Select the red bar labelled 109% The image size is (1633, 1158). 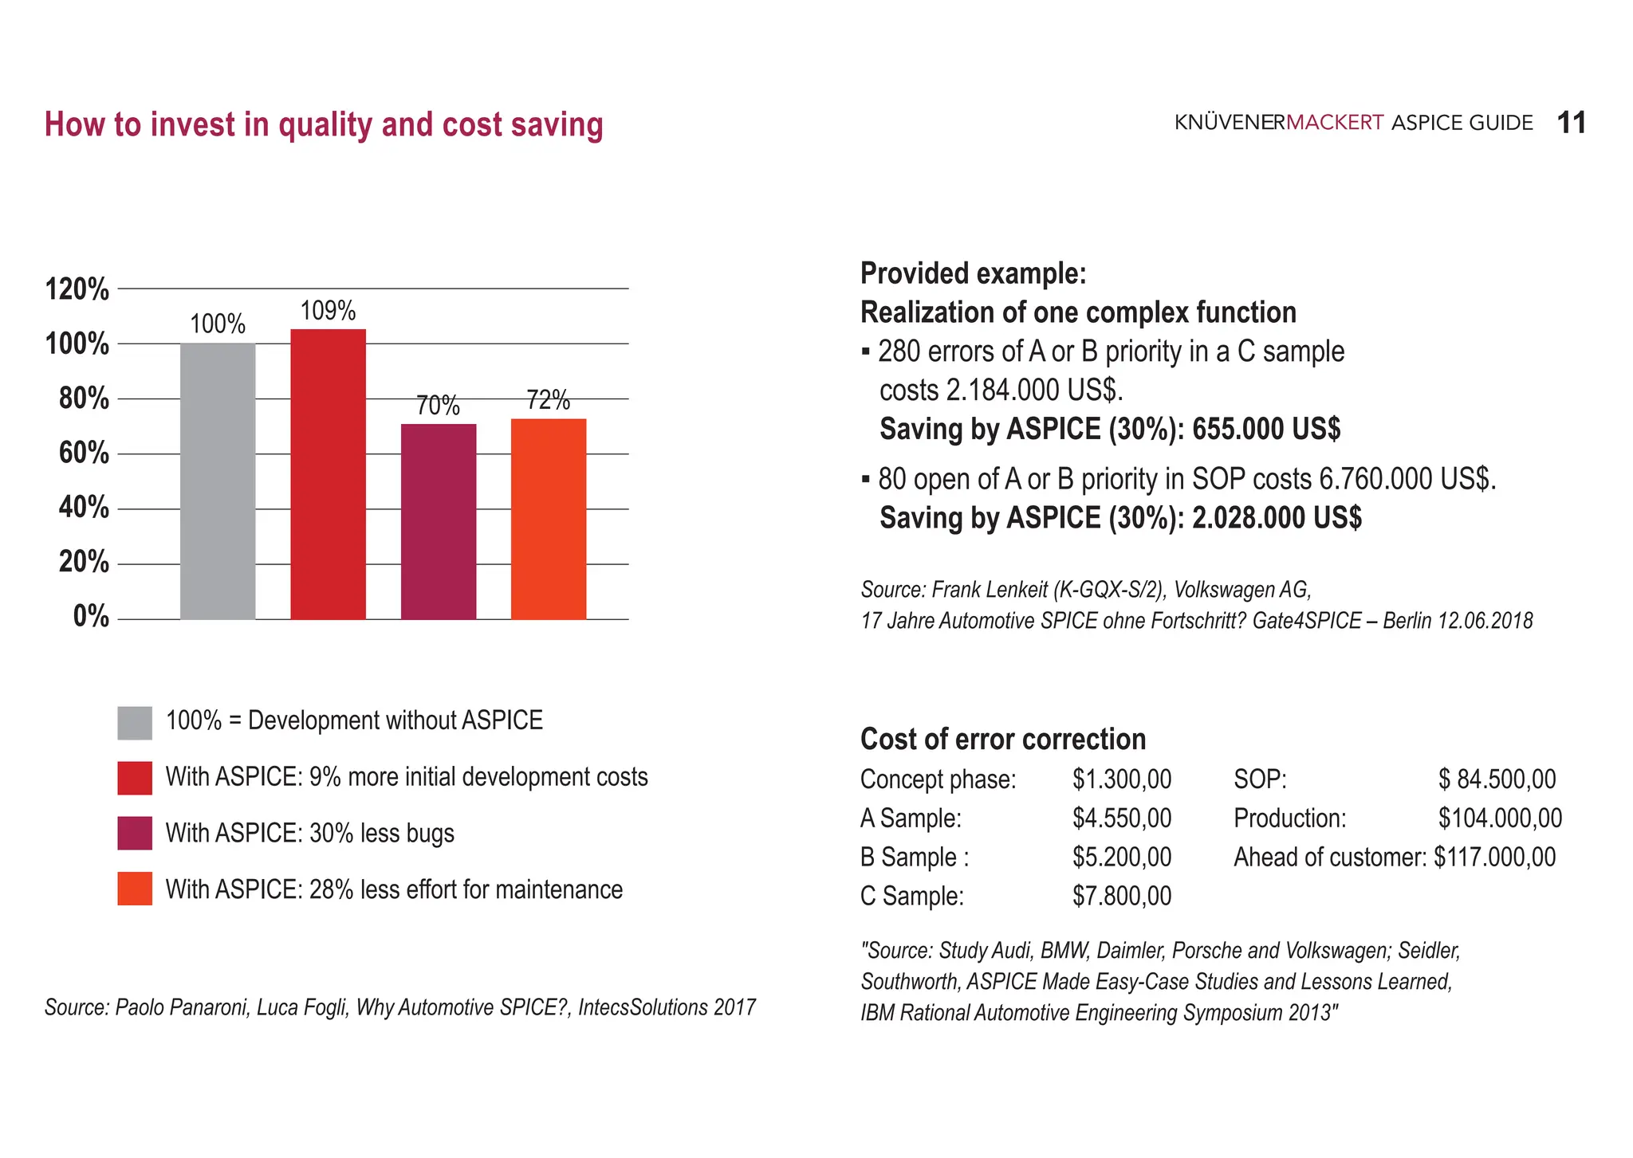tap(328, 474)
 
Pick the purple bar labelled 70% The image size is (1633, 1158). tap(439, 521)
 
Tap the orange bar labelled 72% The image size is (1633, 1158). tap(549, 519)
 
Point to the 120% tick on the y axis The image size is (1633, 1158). tap(77, 289)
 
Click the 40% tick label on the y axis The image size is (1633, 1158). tap(84, 508)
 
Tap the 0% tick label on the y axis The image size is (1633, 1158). tap(91, 617)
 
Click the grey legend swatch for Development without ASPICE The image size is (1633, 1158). tap(135, 723)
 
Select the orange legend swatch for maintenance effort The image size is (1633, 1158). tap(135, 889)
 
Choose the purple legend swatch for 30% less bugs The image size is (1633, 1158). tap(135, 834)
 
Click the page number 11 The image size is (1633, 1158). tap(1571, 124)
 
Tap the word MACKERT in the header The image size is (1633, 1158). tap(1334, 123)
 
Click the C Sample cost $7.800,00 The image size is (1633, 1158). tap(1122, 897)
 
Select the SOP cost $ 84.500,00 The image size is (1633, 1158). tap(1497, 779)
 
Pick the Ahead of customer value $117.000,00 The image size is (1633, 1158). tap(1494, 858)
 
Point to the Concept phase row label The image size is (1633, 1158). tap(938, 779)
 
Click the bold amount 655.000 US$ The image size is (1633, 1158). tap(1266, 430)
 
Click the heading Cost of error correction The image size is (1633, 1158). tap(1002, 740)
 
